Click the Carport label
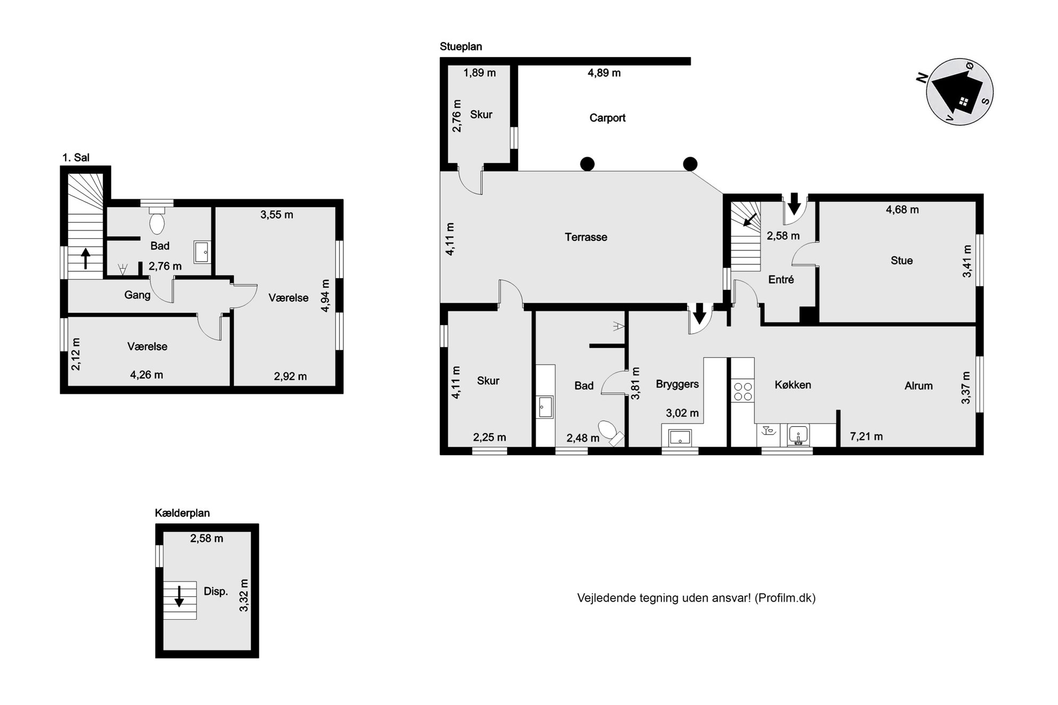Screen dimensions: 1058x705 607,118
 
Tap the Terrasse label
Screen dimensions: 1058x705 586,237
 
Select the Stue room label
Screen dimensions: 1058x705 901,261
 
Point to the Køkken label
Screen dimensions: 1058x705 792,385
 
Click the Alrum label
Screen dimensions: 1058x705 918,386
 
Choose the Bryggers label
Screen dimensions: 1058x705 677,384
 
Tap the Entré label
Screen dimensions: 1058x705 781,279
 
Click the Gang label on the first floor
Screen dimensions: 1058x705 137,295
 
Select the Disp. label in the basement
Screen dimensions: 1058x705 215,591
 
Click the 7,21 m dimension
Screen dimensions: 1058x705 866,437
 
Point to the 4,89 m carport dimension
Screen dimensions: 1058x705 604,73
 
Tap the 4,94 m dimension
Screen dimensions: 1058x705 325,295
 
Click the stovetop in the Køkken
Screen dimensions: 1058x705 743,391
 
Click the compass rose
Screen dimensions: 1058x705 960,92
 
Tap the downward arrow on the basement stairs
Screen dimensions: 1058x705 179,596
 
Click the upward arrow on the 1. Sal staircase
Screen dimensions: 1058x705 85,258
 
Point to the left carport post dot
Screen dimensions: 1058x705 587,164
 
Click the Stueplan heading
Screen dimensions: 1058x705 461,47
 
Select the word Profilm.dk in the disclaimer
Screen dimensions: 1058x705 785,598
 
